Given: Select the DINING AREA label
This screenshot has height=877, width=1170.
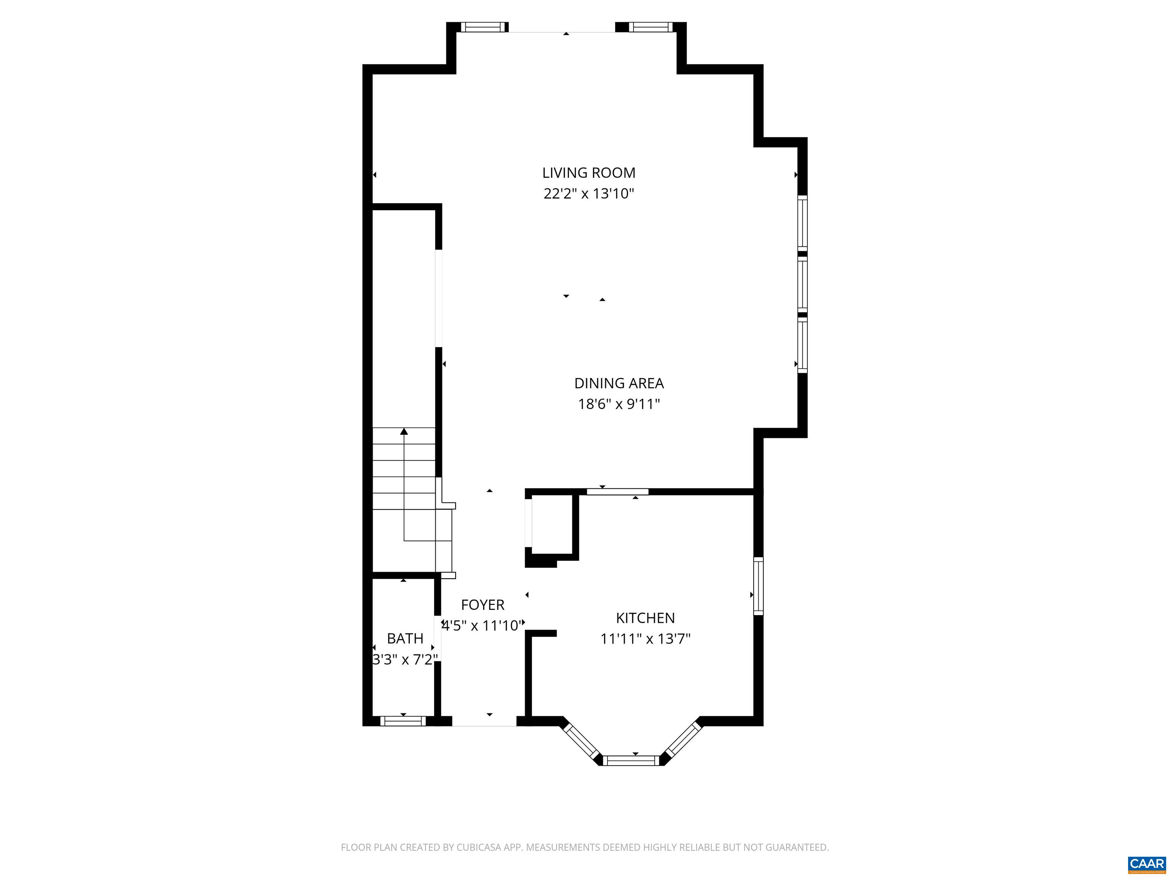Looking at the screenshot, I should [619, 383].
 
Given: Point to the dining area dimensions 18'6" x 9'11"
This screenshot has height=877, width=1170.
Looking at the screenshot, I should [619, 404].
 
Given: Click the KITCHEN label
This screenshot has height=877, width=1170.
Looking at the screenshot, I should [645, 618].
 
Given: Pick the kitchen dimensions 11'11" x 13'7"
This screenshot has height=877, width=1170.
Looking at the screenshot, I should [645, 639].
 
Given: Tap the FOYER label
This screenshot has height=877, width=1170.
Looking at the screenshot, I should [483, 605].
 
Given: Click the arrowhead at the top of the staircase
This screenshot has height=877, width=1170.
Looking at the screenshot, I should [404, 431].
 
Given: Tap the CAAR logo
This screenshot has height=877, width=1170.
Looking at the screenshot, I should [1146, 864].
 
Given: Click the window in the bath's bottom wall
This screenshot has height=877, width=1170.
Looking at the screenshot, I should [403, 721].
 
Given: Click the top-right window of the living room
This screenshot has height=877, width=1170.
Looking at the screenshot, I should [651, 27].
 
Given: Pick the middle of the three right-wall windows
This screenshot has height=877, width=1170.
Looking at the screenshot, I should [802, 284].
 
